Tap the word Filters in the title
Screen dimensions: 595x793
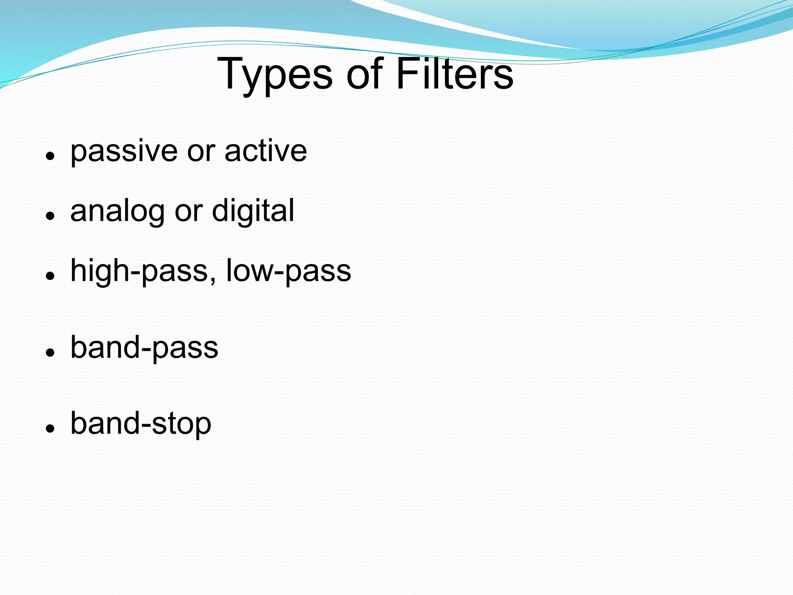click(x=455, y=74)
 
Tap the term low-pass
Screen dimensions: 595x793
click(x=288, y=271)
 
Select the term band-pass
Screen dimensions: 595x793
click(x=144, y=348)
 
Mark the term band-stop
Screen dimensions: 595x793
click(x=141, y=424)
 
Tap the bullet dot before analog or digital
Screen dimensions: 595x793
click(x=49, y=216)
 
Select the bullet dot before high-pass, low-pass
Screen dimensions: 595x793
click(x=49, y=276)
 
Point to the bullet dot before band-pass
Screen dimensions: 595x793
click(x=49, y=352)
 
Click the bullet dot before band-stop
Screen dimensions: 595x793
click(x=49, y=428)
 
